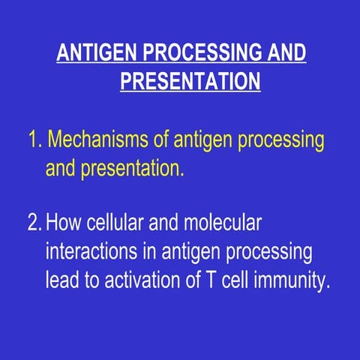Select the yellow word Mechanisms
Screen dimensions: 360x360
click(x=101, y=140)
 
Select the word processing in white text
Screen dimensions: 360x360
click(x=270, y=251)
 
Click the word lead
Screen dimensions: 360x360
click(x=63, y=279)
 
